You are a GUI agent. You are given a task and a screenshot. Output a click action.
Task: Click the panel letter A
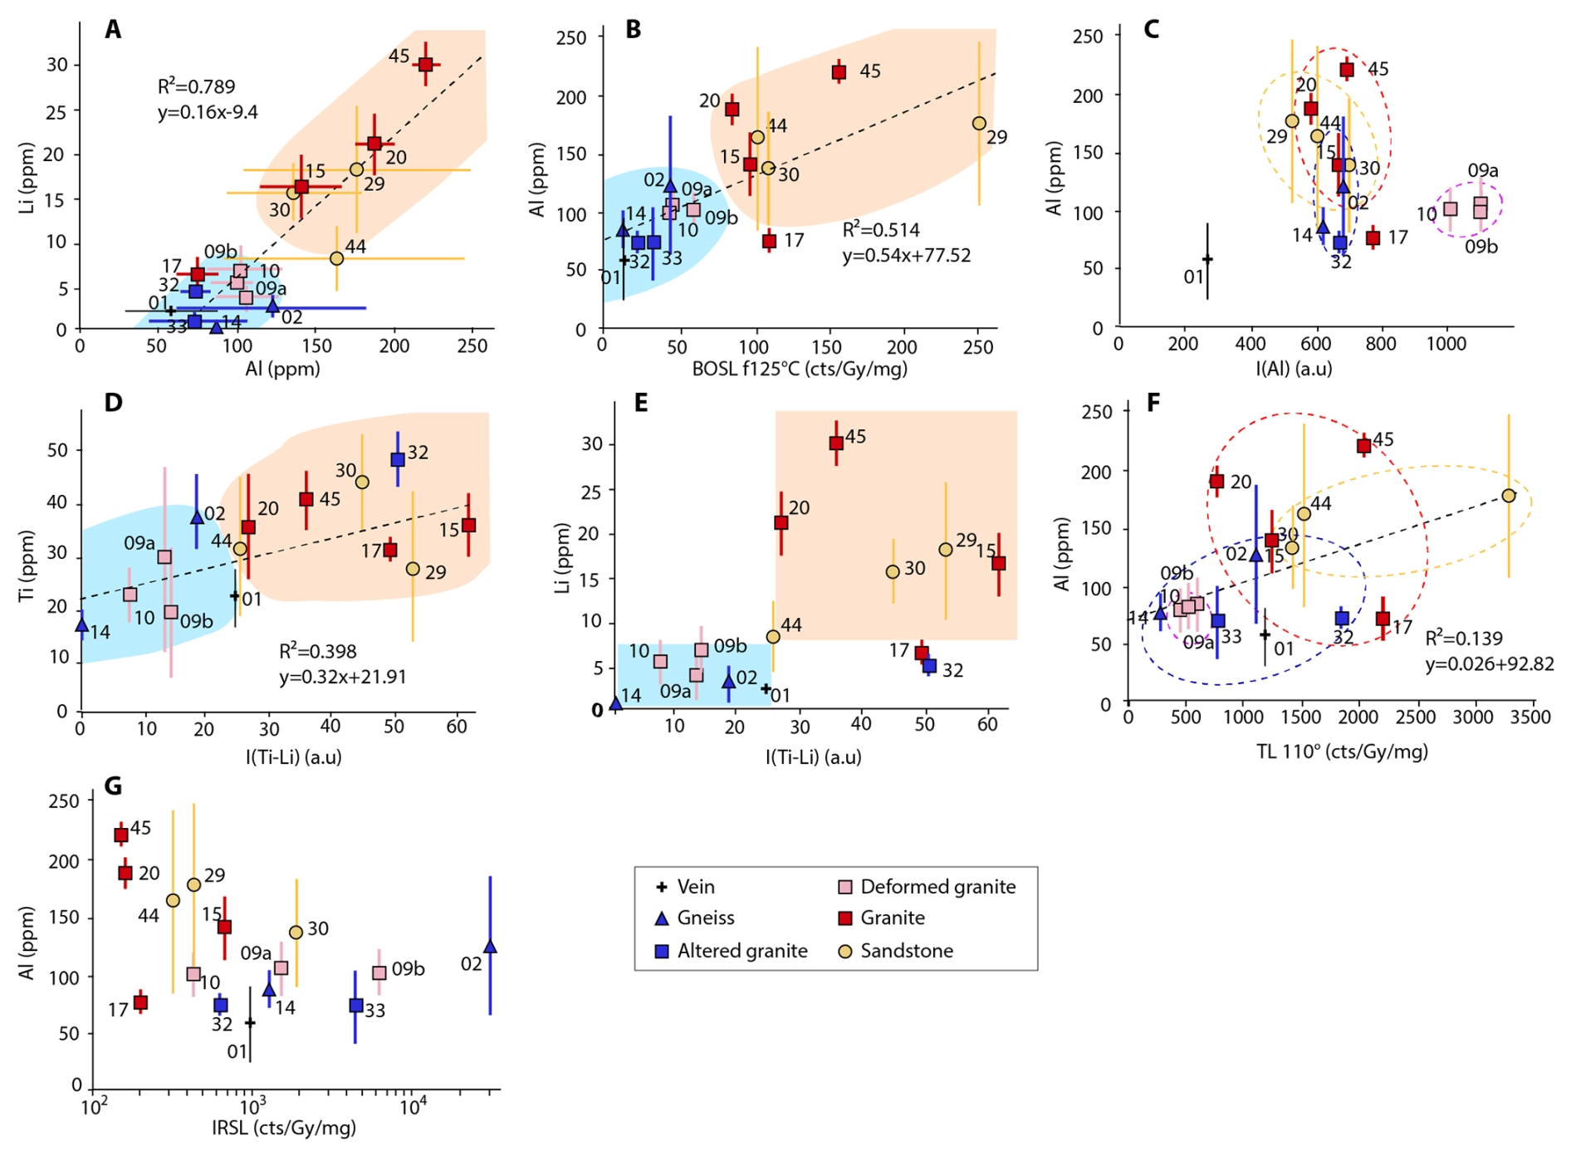point(113,30)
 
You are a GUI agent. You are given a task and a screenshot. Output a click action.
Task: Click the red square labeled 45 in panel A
point(425,65)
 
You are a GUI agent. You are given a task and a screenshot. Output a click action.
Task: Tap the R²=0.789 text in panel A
point(196,86)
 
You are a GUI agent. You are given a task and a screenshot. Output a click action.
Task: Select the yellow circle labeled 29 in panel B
point(979,124)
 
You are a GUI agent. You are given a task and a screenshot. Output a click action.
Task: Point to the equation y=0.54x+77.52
point(906,255)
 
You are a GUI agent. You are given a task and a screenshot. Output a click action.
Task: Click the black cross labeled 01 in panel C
point(1207,259)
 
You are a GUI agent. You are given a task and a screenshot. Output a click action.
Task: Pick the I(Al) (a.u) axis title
point(1293,368)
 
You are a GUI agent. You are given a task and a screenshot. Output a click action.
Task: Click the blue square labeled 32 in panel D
point(398,459)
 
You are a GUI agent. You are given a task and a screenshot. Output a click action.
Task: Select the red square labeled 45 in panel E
point(836,443)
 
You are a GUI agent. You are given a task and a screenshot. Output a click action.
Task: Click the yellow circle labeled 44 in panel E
point(773,637)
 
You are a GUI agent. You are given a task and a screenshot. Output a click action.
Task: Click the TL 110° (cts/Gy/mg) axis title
point(1342,752)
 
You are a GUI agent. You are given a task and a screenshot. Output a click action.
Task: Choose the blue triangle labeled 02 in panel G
point(490,946)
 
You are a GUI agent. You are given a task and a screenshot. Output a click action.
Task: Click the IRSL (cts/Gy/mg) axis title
point(284,1127)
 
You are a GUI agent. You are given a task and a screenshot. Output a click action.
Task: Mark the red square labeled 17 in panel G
point(141,1002)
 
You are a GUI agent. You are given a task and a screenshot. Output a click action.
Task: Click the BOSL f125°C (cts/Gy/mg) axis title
point(800,368)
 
